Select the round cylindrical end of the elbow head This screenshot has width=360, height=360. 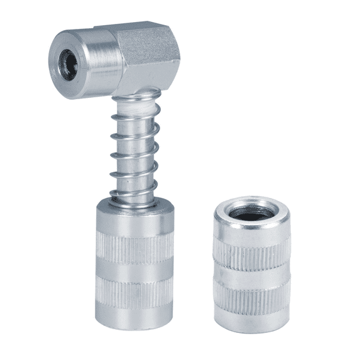pos(94,63)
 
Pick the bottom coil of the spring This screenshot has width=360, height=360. pos(133,194)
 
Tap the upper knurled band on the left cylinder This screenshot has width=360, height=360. pos(133,248)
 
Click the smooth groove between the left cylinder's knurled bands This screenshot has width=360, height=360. pos(133,271)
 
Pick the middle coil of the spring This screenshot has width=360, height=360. pos(133,155)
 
